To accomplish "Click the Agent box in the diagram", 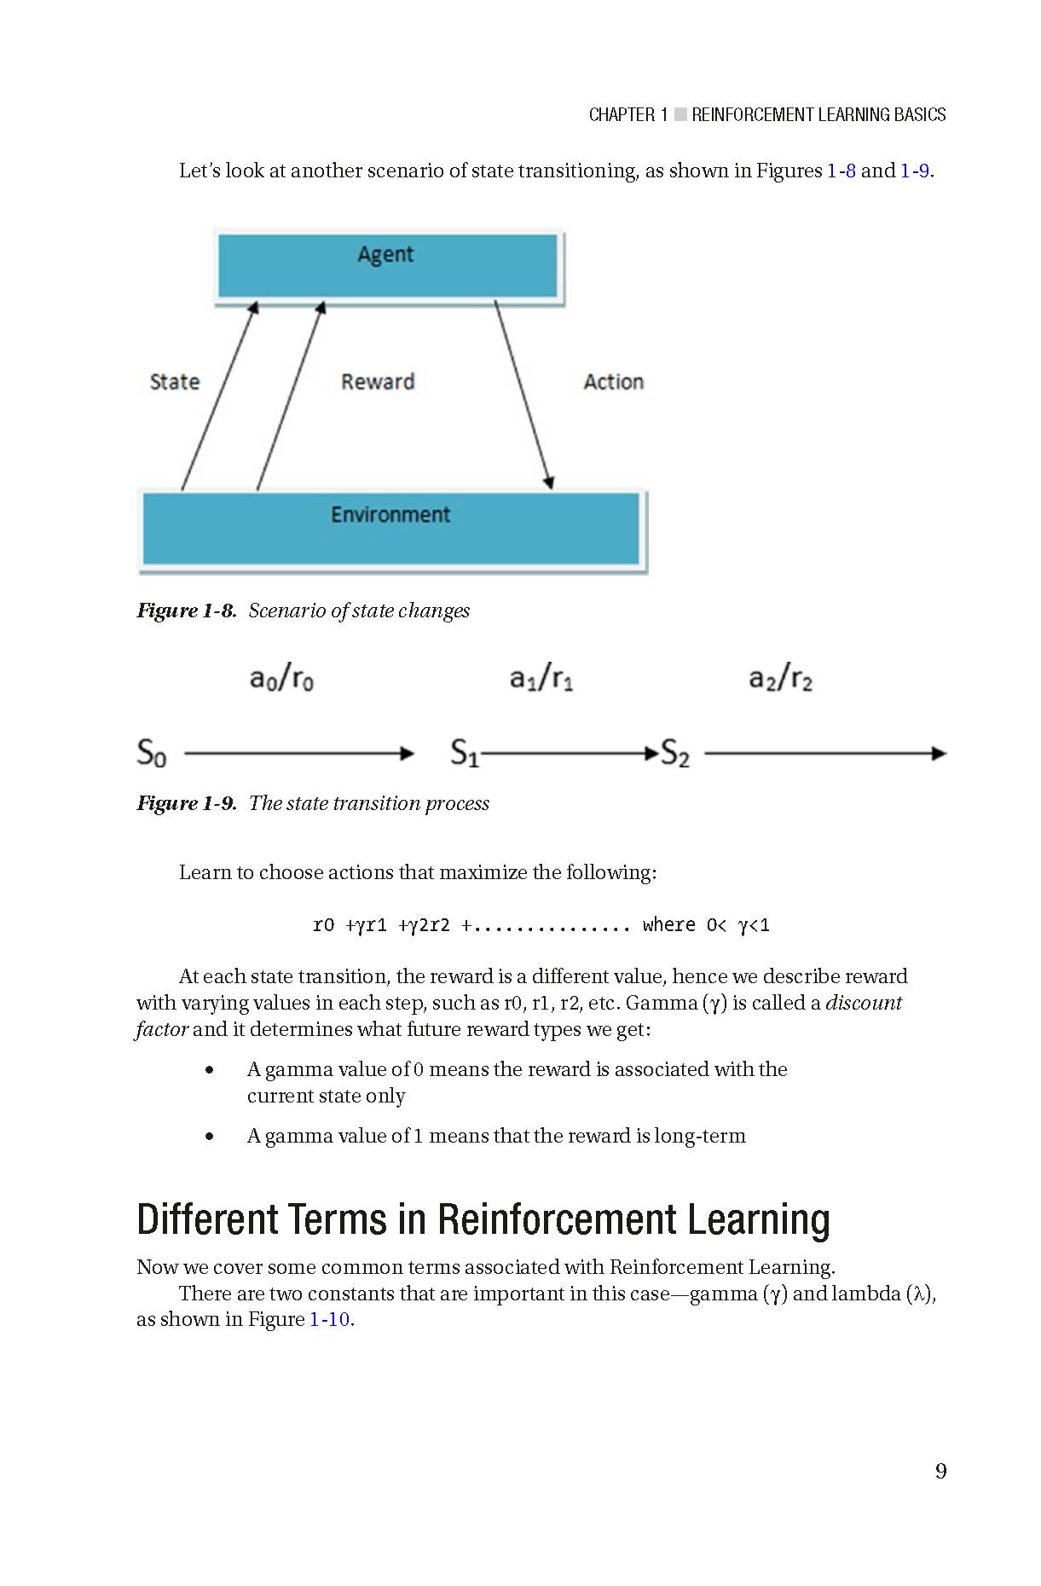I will [387, 266].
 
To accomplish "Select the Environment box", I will [390, 529].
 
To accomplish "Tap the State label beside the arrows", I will [174, 382].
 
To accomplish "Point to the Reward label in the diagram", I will [378, 382].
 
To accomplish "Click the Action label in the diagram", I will [613, 382].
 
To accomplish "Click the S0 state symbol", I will [152, 753].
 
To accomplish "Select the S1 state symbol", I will [465, 753].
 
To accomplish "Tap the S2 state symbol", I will [675, 753].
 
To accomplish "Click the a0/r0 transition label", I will [281, 679].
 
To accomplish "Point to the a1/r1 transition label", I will [541, 679].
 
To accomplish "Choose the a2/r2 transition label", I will [780, 679].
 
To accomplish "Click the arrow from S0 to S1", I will [298, 754].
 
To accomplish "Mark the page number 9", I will [940, 1471].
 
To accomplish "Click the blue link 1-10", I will [329, 1320].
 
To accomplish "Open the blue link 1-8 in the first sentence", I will [841, 171].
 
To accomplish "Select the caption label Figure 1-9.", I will [187, 803].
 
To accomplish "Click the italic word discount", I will [864, 1003].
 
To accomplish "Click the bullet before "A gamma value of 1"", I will [210, 1137].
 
